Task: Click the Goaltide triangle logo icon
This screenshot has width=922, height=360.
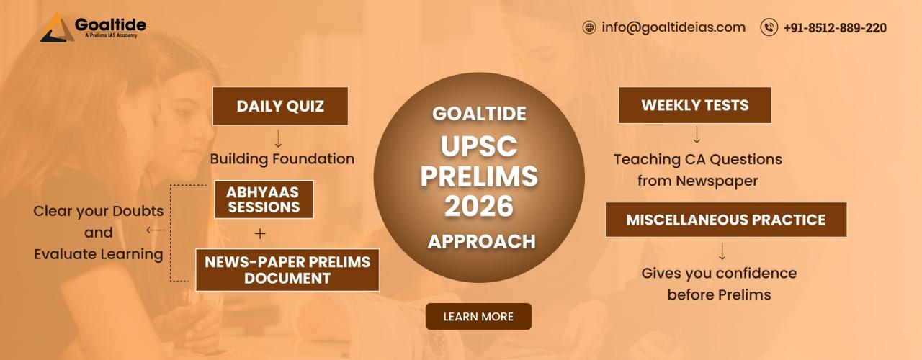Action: [x=58, y=28]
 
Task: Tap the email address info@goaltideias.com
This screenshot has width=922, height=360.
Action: [x=673, y=27]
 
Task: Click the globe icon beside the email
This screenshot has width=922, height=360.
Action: [x=589, y=27]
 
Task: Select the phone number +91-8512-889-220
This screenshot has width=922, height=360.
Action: [x=835, y=28]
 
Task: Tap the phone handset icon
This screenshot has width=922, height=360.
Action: [x=769, y=27]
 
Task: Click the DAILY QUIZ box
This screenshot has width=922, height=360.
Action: [x=280, y=106]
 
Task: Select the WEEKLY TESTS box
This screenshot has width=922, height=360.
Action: [x=695, y=105]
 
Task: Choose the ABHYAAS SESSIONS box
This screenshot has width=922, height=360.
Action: [x=264, y=199]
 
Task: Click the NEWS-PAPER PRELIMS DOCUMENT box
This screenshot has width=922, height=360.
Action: [x=287, y=270]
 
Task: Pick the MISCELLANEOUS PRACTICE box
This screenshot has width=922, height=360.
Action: [x=726, y=220]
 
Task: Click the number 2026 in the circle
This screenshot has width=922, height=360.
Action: [x=479, y=206]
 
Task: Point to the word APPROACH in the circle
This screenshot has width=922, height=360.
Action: [x=482, y=241]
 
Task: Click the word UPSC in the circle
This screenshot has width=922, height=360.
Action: [x=479, y=146]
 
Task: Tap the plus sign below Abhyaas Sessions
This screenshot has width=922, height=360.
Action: [x=260, y=234]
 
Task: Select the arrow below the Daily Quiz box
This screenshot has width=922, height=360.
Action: [x=278, y=138]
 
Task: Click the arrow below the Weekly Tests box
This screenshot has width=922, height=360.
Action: [x=697, y=135]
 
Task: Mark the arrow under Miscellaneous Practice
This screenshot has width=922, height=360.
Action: [x=722, y=251]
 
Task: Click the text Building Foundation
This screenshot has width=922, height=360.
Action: [x=282, y=159]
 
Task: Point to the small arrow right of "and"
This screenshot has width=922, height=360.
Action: [x=155, y=230]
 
